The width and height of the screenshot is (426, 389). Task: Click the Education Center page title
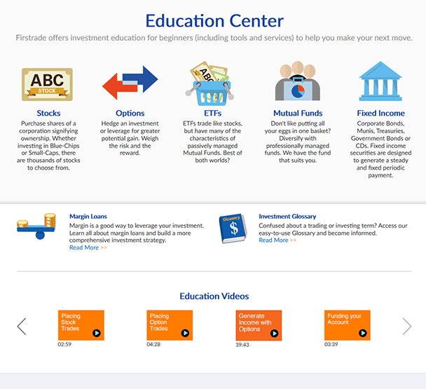click(214, 21)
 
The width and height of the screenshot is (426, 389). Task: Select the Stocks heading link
click(48, 113)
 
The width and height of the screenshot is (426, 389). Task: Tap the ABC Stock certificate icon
click(47, 85)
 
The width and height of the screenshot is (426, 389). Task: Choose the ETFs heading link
click(213, 113)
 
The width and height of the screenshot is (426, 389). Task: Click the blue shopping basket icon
click(212, 93)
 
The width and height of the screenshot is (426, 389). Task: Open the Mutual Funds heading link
click(298, 113)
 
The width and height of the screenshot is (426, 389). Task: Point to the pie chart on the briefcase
click(298, 91)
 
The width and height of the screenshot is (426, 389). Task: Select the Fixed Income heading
click(380, 113)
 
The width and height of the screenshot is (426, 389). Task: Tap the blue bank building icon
click(380, 81)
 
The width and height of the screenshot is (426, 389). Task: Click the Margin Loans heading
click(88, 217)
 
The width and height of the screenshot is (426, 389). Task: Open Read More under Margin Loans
click(88, 247)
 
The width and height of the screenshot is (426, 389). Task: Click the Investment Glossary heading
click(287, 217)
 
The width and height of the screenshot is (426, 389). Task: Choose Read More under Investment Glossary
click(277, 240)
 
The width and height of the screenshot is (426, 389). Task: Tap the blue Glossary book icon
click(233, 228)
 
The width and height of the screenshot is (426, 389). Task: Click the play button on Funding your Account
click(363, 333)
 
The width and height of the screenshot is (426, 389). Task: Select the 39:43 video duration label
click(242, 345)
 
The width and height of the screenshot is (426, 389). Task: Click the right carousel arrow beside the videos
click(407, 326)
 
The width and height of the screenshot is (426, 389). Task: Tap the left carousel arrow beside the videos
click(22, 326)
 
